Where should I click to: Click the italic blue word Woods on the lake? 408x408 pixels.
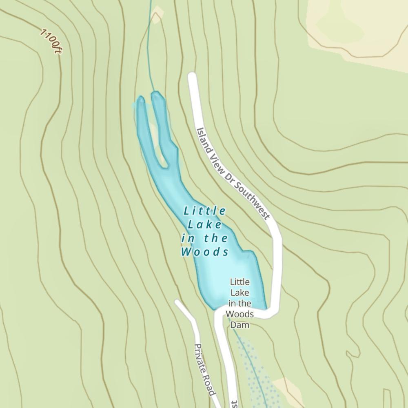pyautogui.click(x=205, y=252)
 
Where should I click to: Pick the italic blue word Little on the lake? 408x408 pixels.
pyautogui.click(x=205, y=211)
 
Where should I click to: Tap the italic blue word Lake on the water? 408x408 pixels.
pyautogui.click(x=205, y=224)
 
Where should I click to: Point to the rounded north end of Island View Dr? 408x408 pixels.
pyautogui.click(x=192, y=77)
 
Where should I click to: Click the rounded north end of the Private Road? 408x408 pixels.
pyautogui.click(x=178, y=303)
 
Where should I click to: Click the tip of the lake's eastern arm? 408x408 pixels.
pyautogui.click(x=157, y=95)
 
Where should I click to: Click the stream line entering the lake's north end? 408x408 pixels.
pyautogui.click(x=151, y=49)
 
